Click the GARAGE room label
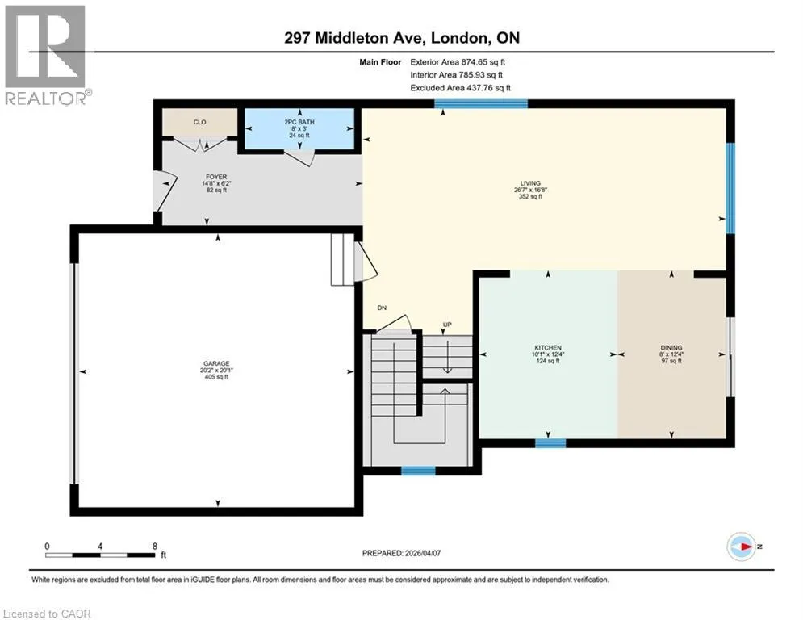[216, 363]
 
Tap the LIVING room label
[530, 183]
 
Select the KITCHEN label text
[548, 347]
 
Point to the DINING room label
[671, 347]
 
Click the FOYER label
[216, 177]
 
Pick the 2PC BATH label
[299, 122]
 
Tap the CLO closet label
[199, 122]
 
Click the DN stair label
[382, 308]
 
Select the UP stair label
[447, 325]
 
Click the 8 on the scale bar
[155, 547]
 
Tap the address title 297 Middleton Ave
[353, 38]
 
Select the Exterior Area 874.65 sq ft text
[458, 62]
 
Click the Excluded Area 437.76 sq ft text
[460, 88]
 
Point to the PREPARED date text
[402, 553]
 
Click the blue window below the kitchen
[550, 443]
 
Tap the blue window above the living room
[481, 104]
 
